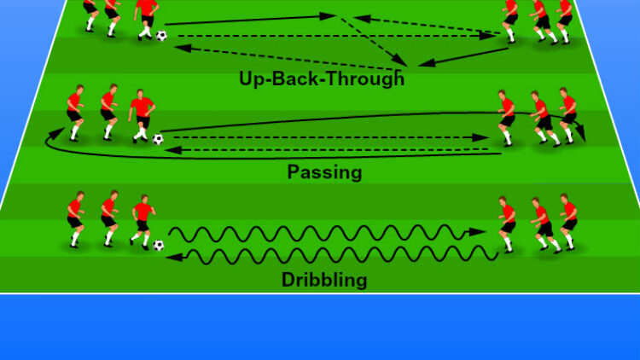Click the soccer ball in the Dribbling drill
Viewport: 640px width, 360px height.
point(159,246)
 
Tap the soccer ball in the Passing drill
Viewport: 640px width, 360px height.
point(158,139)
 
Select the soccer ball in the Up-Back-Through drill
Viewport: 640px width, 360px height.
point(161,36)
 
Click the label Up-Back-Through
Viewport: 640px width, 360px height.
point(322,78)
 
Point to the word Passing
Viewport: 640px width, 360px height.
point(324,171)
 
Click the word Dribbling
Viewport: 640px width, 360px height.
point(324,280)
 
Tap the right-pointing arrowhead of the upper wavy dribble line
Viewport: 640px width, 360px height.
point(477,232)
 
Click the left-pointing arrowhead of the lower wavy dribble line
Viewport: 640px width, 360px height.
point(174,257)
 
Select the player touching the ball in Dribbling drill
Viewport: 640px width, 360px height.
point(143,223)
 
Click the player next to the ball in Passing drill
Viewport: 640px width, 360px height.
point(142,116)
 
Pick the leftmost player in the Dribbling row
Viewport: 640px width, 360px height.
point(76,219)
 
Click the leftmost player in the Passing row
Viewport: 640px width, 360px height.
point(75,113)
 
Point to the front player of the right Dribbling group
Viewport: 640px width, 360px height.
point(507,224)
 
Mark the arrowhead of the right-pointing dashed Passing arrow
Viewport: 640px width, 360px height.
point(480,137)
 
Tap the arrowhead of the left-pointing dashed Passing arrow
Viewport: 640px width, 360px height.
point(173,150)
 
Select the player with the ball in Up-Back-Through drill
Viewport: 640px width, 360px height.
point(146,20)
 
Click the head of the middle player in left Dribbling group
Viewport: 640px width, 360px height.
point(113,195)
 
